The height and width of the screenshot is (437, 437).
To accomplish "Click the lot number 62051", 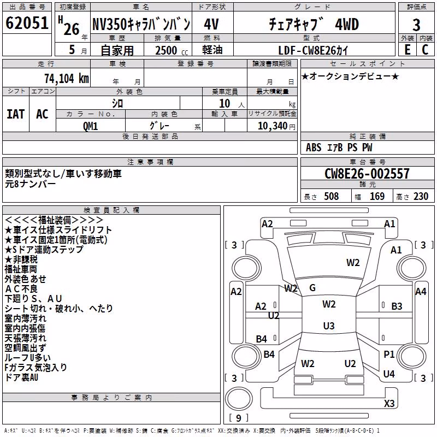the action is pyautogui.click(x=27, y=23).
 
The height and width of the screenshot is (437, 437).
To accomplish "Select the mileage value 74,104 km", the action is pyautogui.click(x=67, y=79).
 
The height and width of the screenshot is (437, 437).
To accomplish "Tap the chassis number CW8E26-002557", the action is pyautogui.click(x=367, y=174).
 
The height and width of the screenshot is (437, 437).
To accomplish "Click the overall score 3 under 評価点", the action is pyautogui.click(x=416, y=25).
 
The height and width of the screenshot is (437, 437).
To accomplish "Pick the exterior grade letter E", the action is pyautogui.click(x=408, y=50).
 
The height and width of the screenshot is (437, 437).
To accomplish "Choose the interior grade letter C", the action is pyautogui.click(x=425, y=50).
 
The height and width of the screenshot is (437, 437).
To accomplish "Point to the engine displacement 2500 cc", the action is pyautogui.click(x=172, y=50).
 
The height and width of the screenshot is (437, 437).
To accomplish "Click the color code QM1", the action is pyautogui.click(x=90, y=126).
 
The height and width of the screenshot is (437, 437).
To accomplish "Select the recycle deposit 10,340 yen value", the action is pyautogui.click(x=276, y=126).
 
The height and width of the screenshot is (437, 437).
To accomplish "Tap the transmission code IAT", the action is pyautogui.click(x=16, y=114).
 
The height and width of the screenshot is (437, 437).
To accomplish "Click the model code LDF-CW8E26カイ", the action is pyautogui.click(x=313, y=50).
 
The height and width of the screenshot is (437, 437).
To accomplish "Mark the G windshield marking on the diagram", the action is pyautogui.click(x=312, y=288).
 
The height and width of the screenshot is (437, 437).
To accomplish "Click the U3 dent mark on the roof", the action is pyautogui.click(x=329, y=326).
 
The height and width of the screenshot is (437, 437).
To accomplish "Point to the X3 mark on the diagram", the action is pyautogui.click(x=389, y=403).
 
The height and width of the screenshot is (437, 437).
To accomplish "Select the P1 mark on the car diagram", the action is pyautogui.click(x=389, y=354).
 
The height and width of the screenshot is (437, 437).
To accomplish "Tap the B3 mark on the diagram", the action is pyautogui.click(x=397, y=306).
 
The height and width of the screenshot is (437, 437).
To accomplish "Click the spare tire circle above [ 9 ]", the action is pyautogui.click(x=239, y=399).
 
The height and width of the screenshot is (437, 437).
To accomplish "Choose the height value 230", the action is pyautogui.click(x=421, y=196).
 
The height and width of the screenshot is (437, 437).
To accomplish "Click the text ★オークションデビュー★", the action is pyautogui.click(x=350, y=76).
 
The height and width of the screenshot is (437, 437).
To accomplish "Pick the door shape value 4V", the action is pyautogui.click(x=211, y=24).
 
